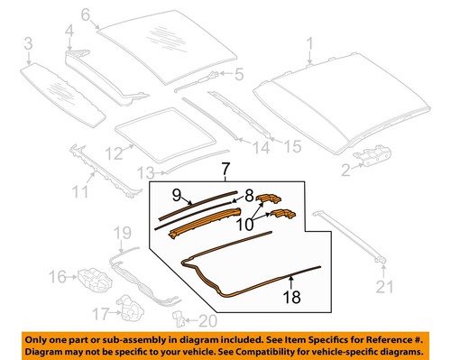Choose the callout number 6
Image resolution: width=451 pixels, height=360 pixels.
pyautogui.click(x=86, y=14)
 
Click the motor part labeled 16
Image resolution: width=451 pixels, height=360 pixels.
pyautogui.click(x=89, y=276)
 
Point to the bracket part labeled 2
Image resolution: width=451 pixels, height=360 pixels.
pyautogui.click(x=372, y=156)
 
